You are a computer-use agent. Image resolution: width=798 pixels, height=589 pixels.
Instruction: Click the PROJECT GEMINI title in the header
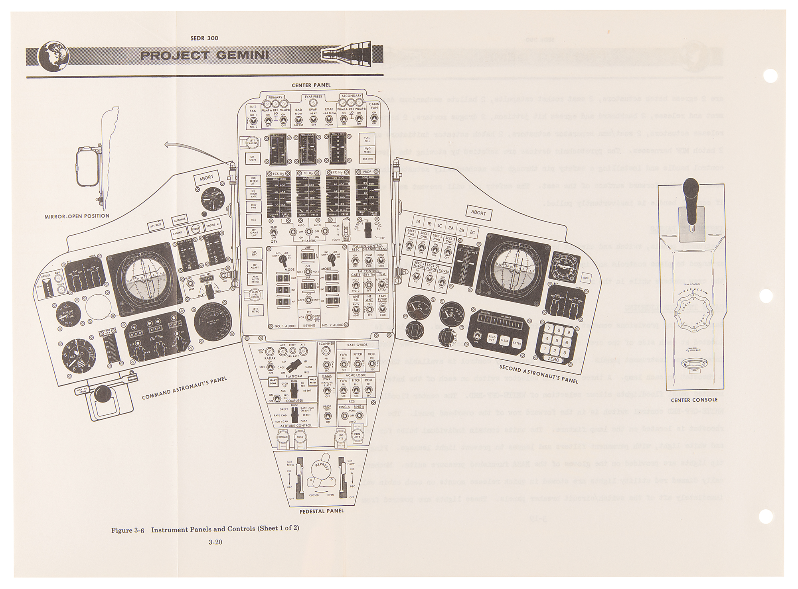coord(204,55)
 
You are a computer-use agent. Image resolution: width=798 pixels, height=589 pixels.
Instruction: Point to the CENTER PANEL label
coord(311,85)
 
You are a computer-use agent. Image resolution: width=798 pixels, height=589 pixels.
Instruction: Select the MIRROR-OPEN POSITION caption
coord(77,216)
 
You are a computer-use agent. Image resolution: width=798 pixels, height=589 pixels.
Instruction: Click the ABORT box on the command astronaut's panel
coord(206,178)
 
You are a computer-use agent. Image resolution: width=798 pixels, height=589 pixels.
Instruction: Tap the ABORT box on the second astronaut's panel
coord(478,212)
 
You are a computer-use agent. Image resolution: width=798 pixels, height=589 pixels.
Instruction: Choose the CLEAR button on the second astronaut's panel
coord(504,341)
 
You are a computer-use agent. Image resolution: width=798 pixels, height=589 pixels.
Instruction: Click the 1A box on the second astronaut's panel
coord(418,222)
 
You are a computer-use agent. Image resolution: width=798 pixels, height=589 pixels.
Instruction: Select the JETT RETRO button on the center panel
coord(254,310)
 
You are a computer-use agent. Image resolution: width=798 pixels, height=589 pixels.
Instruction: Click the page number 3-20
coord(215,542)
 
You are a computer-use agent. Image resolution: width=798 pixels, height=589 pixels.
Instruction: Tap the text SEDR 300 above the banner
coord(205,39)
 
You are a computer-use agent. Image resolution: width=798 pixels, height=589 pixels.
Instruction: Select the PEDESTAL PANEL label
coord(321,510)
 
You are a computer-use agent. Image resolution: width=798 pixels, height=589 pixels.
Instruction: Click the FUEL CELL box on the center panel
coord(367,138)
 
